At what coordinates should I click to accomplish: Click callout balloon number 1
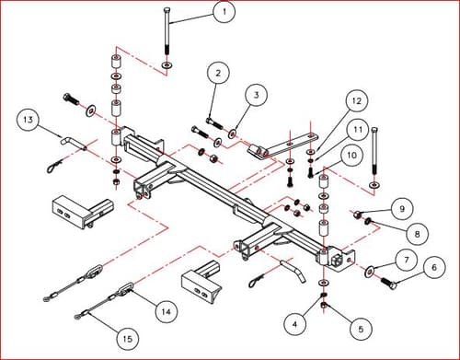(224, 13)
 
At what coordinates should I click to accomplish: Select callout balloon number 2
(217, 73)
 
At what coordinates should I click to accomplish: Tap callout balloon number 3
(257, 94)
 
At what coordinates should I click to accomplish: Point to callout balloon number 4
(293, 323)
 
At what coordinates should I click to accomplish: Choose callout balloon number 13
(29, 122)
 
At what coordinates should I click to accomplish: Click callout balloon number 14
(165, 311)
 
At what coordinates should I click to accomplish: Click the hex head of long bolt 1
(166, 8)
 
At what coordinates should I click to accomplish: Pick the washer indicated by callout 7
(371, 272)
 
